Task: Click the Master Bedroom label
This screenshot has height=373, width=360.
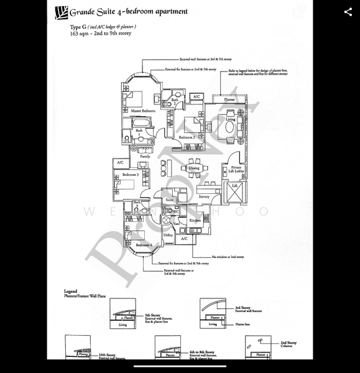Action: [143, 111]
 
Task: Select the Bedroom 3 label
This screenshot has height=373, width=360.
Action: [129, 175]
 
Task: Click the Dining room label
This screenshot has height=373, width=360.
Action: [195, 168]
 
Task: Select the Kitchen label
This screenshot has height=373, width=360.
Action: [195, 220]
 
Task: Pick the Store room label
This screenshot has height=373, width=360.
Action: [169, 200]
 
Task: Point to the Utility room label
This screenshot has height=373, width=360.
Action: [168, 235]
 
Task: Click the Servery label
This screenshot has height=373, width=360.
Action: [204, 196]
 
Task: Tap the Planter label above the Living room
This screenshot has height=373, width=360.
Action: [229, 99]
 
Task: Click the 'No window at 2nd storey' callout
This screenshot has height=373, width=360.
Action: [227, 256]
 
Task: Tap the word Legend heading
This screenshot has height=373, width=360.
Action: [71, 291]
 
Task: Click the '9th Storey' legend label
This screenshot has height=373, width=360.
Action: [152, 315]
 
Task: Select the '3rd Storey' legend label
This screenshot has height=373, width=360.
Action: [242, 307]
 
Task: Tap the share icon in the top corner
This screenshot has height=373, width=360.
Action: [348, 12]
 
